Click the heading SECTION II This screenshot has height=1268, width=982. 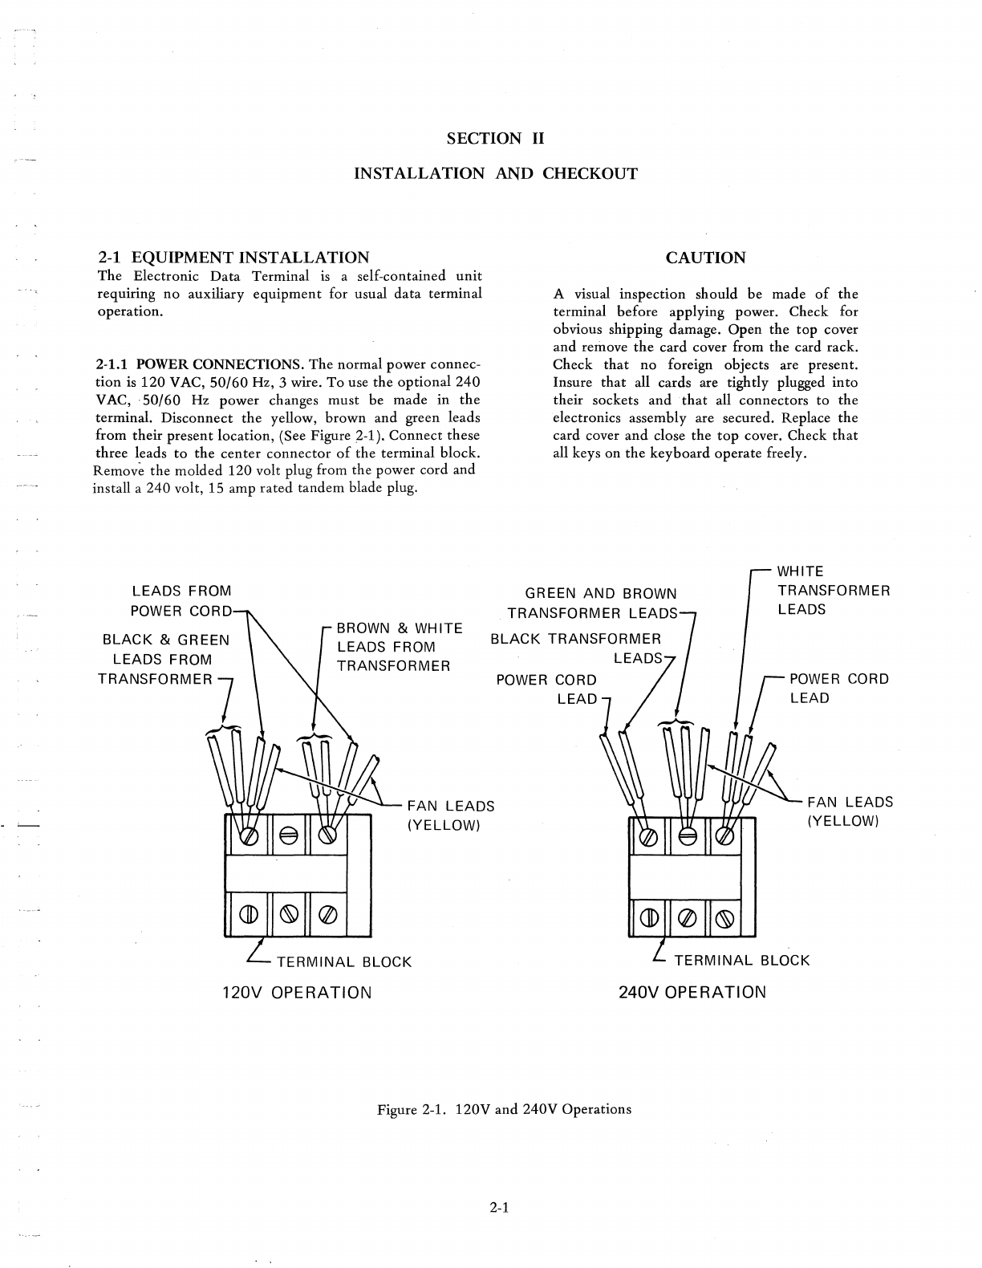pos(495,138)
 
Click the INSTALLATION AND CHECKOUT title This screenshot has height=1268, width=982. pos(496,173)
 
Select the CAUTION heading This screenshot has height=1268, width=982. pos(705,258)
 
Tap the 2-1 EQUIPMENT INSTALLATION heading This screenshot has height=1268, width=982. pos(233,258)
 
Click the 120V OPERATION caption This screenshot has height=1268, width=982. pos(297,992)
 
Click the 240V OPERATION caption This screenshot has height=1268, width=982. pos(692,991)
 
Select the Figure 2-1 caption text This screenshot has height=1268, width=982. pos(505,1109)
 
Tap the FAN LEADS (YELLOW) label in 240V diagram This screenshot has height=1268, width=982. pos(850,811)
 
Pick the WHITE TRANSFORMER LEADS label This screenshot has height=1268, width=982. pos(834,590)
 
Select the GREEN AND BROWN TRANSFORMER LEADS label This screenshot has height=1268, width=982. pos(597,604)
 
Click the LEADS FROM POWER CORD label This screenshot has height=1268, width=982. pos(181,601)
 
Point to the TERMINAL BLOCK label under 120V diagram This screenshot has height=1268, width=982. pos(343,961)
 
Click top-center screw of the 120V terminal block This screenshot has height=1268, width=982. pos(287,835)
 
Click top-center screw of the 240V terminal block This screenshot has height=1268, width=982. pos(687,835)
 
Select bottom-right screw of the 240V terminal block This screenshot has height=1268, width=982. pos(724,914)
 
